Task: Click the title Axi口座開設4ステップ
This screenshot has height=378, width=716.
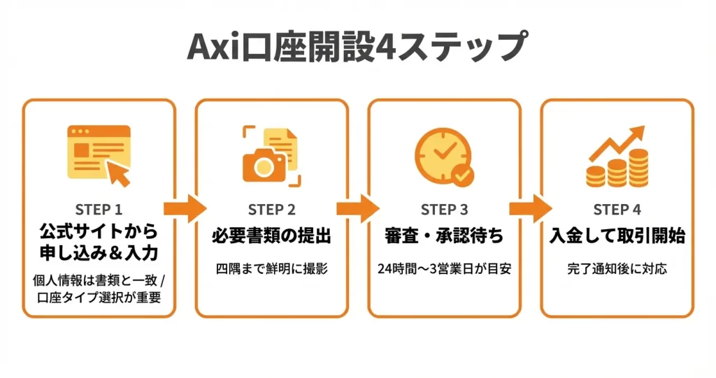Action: pos(357,47)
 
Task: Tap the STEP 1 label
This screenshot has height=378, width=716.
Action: pos(99,210)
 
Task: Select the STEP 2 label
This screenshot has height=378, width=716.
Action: pos(271,210)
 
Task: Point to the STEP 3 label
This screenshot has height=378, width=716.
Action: pos(444,210)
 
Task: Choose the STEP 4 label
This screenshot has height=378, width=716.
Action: pos(617,210)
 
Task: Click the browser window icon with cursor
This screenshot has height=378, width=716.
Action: pos(99,154)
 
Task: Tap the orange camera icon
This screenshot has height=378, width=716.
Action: pos(264,163)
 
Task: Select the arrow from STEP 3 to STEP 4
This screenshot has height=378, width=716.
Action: pos(530,208)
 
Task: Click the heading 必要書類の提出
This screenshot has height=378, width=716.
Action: pos(271,236)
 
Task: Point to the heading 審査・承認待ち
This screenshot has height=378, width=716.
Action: pos(444,236)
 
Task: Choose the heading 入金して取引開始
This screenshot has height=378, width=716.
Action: pos(617,236)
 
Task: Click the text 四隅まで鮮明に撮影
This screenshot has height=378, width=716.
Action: pos(271,268)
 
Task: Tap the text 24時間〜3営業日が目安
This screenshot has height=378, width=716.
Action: pos(444,268)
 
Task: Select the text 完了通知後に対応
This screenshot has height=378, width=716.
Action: pos(617,268)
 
